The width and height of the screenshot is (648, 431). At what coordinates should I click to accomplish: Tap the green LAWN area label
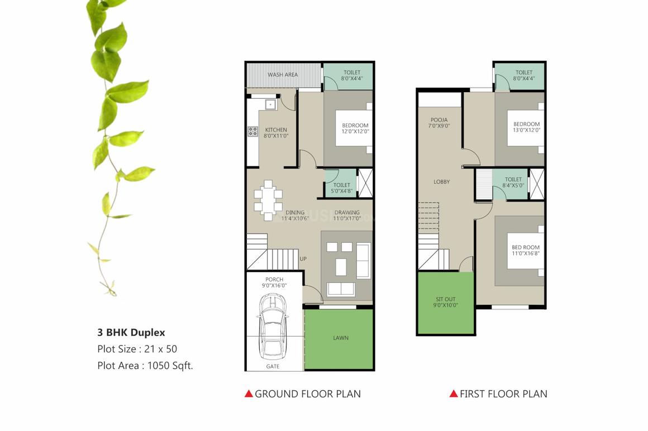[340, 338]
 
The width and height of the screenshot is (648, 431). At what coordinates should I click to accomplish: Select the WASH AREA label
[283, 75]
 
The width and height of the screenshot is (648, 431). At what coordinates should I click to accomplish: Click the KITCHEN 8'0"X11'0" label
[276, 132]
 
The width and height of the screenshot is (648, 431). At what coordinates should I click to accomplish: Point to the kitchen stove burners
[252, 132]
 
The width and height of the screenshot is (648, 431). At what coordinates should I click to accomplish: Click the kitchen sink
[270, 104]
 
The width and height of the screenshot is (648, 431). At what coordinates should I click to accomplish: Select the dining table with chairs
[268, 199]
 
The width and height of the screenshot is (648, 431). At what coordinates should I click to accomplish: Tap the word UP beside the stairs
[303, 259]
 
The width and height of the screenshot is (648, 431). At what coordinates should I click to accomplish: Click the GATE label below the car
[273, 366]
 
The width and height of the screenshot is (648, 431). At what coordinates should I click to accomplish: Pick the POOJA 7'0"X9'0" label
[439, 123]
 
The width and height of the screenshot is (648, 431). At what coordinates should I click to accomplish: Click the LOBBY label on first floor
[442, 182]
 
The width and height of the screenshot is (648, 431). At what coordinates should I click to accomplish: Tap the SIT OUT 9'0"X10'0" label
[446, 303]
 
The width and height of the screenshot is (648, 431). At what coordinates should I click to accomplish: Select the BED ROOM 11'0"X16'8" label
[526, 251]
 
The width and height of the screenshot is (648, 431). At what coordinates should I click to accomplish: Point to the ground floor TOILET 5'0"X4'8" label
[341, 188]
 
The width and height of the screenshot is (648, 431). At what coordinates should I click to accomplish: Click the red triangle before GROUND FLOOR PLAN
[249, 394]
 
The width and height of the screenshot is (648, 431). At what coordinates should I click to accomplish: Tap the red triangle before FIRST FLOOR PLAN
[454, 394]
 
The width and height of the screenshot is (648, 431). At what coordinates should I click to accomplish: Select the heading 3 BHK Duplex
[131, 333]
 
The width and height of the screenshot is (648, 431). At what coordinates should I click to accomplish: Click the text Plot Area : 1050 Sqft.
[145, 366]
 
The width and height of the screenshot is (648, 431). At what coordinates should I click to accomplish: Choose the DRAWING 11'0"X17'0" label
[347, 215]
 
